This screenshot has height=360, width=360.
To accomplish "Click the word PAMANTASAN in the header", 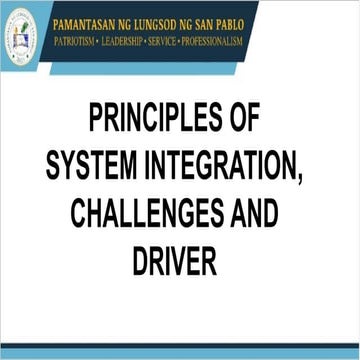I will [99, 18].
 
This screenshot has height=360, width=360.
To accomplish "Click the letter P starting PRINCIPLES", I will [97, 120].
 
